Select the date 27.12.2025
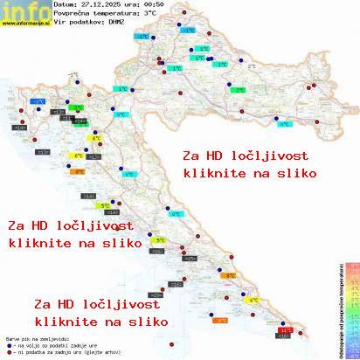102,5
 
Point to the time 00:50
155,5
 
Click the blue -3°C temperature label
38,101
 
